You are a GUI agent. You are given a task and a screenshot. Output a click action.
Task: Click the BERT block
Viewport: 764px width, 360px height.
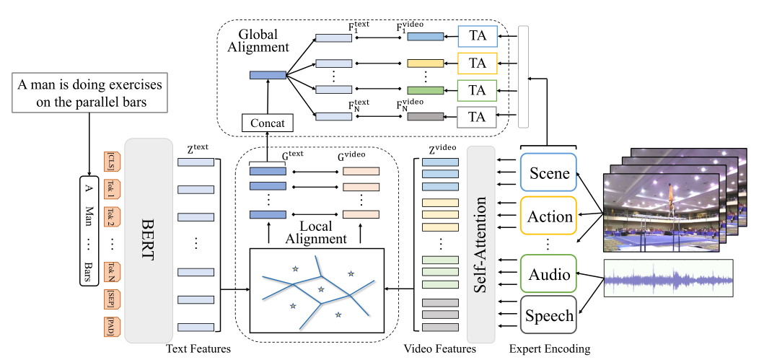click(x=148, y=240)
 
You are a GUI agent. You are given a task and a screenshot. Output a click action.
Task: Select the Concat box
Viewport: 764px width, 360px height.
click(x=268, y=123)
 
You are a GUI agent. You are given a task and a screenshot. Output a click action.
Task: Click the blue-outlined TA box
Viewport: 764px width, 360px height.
click(x=477, y=36)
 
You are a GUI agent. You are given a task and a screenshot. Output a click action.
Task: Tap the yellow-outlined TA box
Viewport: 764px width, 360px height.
click(x=477, y=63)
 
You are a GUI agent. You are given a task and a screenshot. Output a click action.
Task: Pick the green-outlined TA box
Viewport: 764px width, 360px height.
click(x=477, y=89)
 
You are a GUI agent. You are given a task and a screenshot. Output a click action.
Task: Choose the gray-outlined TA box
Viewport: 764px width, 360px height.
click(x=477, y=116)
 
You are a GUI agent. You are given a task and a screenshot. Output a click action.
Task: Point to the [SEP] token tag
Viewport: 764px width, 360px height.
click(x=110, y=298)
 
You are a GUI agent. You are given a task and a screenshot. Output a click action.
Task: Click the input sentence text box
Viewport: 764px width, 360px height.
click(x=92, y=92)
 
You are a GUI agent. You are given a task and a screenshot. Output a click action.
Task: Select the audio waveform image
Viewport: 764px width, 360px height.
click(x=668, y=278)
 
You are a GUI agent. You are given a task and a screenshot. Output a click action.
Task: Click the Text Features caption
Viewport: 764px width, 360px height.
click(x=198, y=349)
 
